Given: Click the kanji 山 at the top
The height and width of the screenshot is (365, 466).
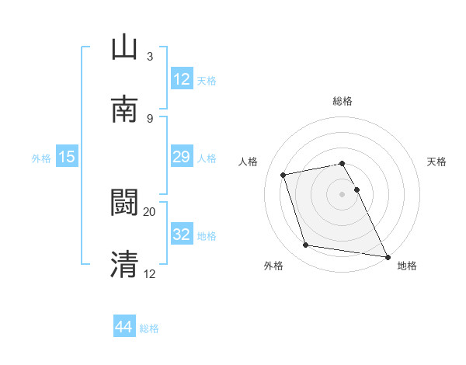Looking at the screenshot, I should pyautogui.click(x=124, y=47).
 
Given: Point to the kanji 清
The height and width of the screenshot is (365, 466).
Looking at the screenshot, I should pyautogui.click(x=124, y=264).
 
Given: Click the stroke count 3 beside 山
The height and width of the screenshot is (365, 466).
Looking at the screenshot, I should pyautogui.click(x=150, y=57).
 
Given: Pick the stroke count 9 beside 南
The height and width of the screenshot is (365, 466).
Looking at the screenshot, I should pyautogui.click(x=150, y=118).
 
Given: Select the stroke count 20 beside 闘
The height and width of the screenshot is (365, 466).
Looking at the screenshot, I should pyautogui.click(x=150, y=211).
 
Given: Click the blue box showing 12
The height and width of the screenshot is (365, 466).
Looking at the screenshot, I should pyautogui.click(x=181, y=78).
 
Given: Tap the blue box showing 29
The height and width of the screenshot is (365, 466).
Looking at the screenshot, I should pyautogui.click(x=181, y=158).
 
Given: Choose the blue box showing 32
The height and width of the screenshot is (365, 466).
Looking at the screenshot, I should pyautogui.click(x=181, y=235).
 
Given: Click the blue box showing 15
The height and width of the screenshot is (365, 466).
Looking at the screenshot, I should pyautogui.click(x=67, y=158).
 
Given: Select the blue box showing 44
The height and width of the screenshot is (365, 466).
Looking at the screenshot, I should pyautogui.click(x=124, y=327).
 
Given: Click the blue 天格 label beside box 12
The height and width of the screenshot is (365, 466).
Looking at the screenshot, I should pyautogui.click(x=207, y=80).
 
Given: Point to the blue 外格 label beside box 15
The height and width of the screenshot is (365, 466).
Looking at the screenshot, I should pyautogui.click(x=41, y=158).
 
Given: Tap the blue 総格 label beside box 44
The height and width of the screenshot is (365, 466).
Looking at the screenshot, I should pyautogui.click(x=149, y=328).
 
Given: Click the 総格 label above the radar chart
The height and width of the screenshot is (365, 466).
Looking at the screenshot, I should pyautogui.click(x=343, y=101).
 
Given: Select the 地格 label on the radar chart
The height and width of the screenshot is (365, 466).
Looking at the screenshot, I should pyautogui.click(x=407, y=266).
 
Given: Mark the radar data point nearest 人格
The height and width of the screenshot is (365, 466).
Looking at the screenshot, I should pyautogui.click(x=283, y=174).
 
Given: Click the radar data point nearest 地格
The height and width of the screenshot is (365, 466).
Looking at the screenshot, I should pyautogui.click(x=387, y=256).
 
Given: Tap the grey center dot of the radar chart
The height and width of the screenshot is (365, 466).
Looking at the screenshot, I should pyautogui.click(x=343, y=193).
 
